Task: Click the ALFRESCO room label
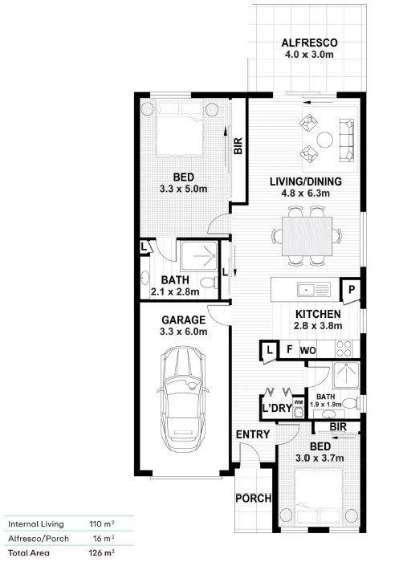[309, 43]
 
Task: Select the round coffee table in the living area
[325, 139]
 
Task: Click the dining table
[307, 236]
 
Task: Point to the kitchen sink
[314, 289]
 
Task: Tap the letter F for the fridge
[290, 348]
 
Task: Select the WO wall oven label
[307, 350]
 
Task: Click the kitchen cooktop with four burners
[344, 348]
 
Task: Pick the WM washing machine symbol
[299, 408]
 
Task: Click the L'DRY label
[277, 408]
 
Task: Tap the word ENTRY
[253, 434]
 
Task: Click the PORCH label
[253, 499]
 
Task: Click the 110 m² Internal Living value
[101, 524]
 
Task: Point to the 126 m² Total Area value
[101, 552]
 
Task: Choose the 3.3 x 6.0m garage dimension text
[184, 332]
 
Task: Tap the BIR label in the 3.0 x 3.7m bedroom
[338, 426]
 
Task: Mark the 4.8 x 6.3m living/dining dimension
[306, 193]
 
